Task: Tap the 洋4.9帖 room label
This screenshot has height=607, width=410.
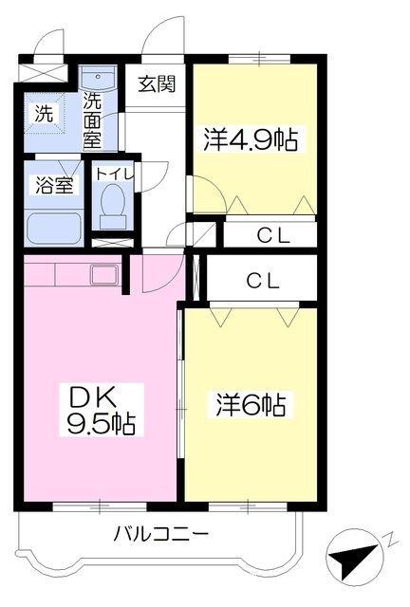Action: pyautogui.click(x=251, y=141)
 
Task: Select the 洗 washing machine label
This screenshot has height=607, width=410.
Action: pyautogui.click(x=46, y=111)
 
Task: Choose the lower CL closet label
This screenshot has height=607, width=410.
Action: pyautogui.click(x=264, y=281)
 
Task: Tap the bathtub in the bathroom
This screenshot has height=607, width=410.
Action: pyautogui.click(x=55, y=228)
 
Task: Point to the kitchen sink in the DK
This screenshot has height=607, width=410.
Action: pyautogui.click(x=102, y=274)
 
